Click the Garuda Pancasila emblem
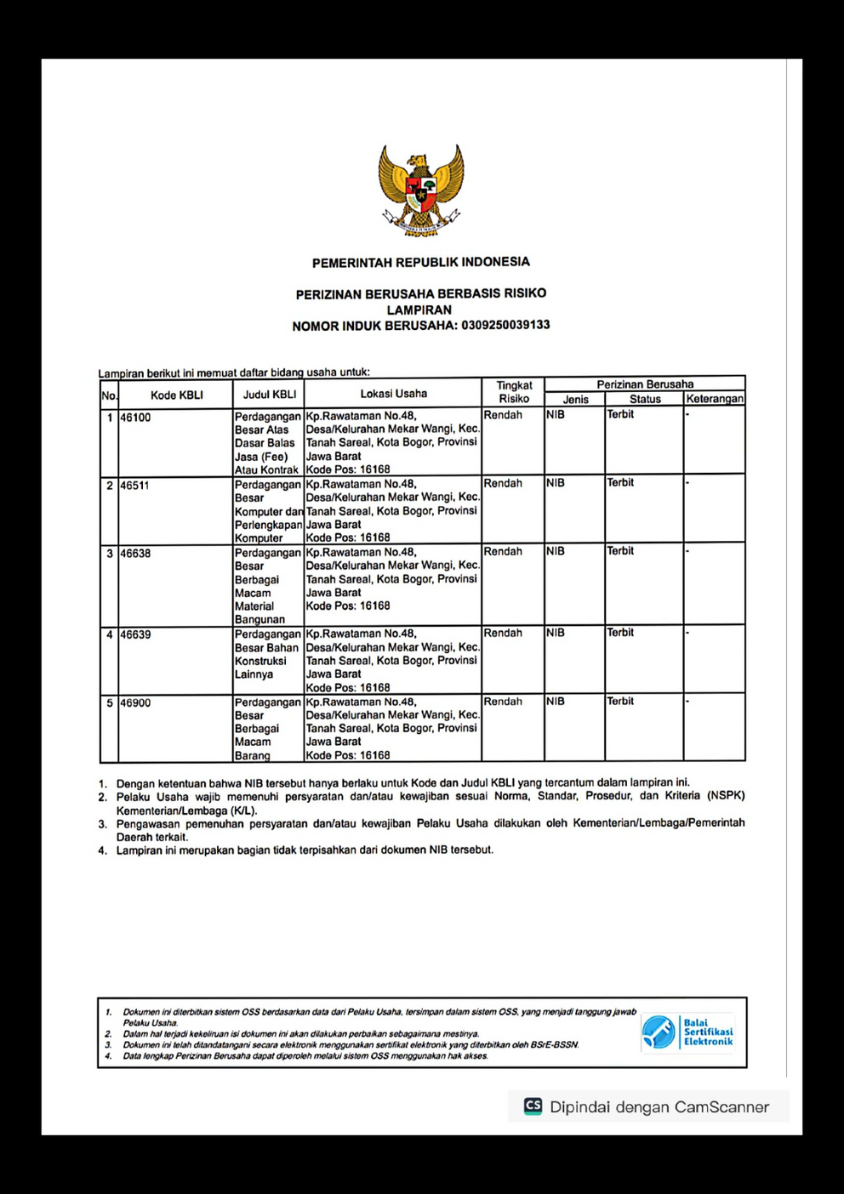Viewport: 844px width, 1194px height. point(421,190)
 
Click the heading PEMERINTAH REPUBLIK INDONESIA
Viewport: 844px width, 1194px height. point(420,262)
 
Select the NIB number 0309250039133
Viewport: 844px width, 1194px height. point(505,325)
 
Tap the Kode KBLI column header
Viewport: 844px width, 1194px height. point(177,395)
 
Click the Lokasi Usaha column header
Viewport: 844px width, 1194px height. point(393,394)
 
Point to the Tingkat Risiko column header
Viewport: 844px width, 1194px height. point(514,392)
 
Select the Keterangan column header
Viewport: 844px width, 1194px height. point(715,399)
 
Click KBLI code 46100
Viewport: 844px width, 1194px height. point(135,418)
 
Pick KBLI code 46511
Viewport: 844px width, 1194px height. point(135,486)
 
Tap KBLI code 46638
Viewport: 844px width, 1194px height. point(135,554)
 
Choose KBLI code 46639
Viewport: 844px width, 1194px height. point(135,634)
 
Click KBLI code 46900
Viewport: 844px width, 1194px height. point(135,703)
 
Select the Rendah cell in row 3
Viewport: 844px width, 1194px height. point(503,551)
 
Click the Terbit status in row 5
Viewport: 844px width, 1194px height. point(620,701)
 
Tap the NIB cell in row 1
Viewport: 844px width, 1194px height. point(556,414)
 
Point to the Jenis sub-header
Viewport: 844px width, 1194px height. point(575,399)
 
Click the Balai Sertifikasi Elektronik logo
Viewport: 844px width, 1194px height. point(687,1032)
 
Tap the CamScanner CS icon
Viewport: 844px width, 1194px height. point(533,1106)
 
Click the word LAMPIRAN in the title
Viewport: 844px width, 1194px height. point(419,310)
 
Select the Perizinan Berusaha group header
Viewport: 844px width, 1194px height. point(645,384)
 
